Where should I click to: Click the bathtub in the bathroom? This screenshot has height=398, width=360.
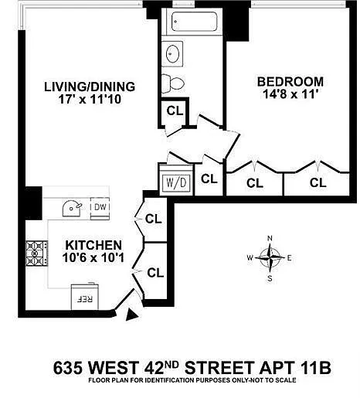click(x=194, y=22)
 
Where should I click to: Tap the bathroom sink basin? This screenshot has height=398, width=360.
click(x=172, y=54)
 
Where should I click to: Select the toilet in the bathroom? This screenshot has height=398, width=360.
click(x=173, y=83)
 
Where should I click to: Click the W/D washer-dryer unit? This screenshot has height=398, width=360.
click(x=176, y=182)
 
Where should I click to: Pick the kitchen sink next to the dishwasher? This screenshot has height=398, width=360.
click(x=72, y=208)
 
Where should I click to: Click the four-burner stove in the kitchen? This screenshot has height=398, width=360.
click(x=36, y=253)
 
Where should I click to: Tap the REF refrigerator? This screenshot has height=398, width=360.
click(x=85, y=296)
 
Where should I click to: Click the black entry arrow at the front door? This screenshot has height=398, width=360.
click(x=133, y=315)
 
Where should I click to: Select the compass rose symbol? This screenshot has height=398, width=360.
click(x=270, y=257)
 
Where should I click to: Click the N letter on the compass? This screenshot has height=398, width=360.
click(x=270, y=239)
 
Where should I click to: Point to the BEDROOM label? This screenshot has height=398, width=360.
click(x=290, y=82)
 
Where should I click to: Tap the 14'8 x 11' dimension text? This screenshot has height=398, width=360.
click(x=289, y=94)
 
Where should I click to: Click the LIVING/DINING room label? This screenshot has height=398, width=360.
click(x=90, y=87)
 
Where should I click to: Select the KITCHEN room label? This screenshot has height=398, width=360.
click(x=93, y=245)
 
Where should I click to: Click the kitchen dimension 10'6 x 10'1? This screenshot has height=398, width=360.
click(x=93, y=257)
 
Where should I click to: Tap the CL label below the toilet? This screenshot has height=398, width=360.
click(x=175, y=111)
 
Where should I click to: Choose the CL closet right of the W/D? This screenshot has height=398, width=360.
click(x=209, y=179)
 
